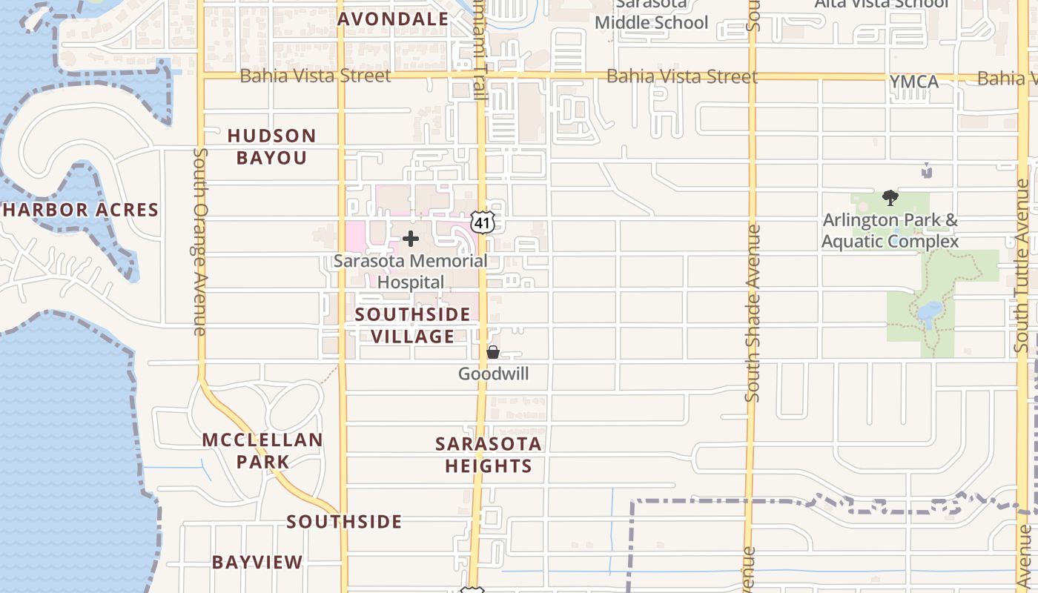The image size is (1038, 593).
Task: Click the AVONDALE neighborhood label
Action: pos(393,19)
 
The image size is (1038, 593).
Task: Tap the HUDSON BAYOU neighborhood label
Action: pos(271,146)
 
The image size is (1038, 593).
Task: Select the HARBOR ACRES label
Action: pos(80,210)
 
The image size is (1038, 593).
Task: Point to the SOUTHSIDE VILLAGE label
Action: pos(412,325)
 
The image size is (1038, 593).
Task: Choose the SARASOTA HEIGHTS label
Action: pos(488,454)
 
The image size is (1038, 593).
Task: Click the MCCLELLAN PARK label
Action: pos(262,451)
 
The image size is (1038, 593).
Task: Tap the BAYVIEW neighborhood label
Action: pos(257,562)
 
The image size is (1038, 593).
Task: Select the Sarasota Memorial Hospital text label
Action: pos(411,271)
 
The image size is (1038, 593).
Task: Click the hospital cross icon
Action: pos(411,239)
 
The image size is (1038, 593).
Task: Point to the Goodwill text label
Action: pos(494,374)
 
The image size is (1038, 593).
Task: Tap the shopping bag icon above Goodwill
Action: pos(493,352)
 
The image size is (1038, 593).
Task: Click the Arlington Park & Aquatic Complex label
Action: pos(890,231)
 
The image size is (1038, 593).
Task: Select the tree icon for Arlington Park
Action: pos(890,198)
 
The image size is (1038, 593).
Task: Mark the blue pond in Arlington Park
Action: pos(928,314)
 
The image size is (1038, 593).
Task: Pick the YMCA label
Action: pos(913,82)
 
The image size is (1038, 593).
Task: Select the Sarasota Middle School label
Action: pos(652,15)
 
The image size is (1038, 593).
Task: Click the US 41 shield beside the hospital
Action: pos(482,222)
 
